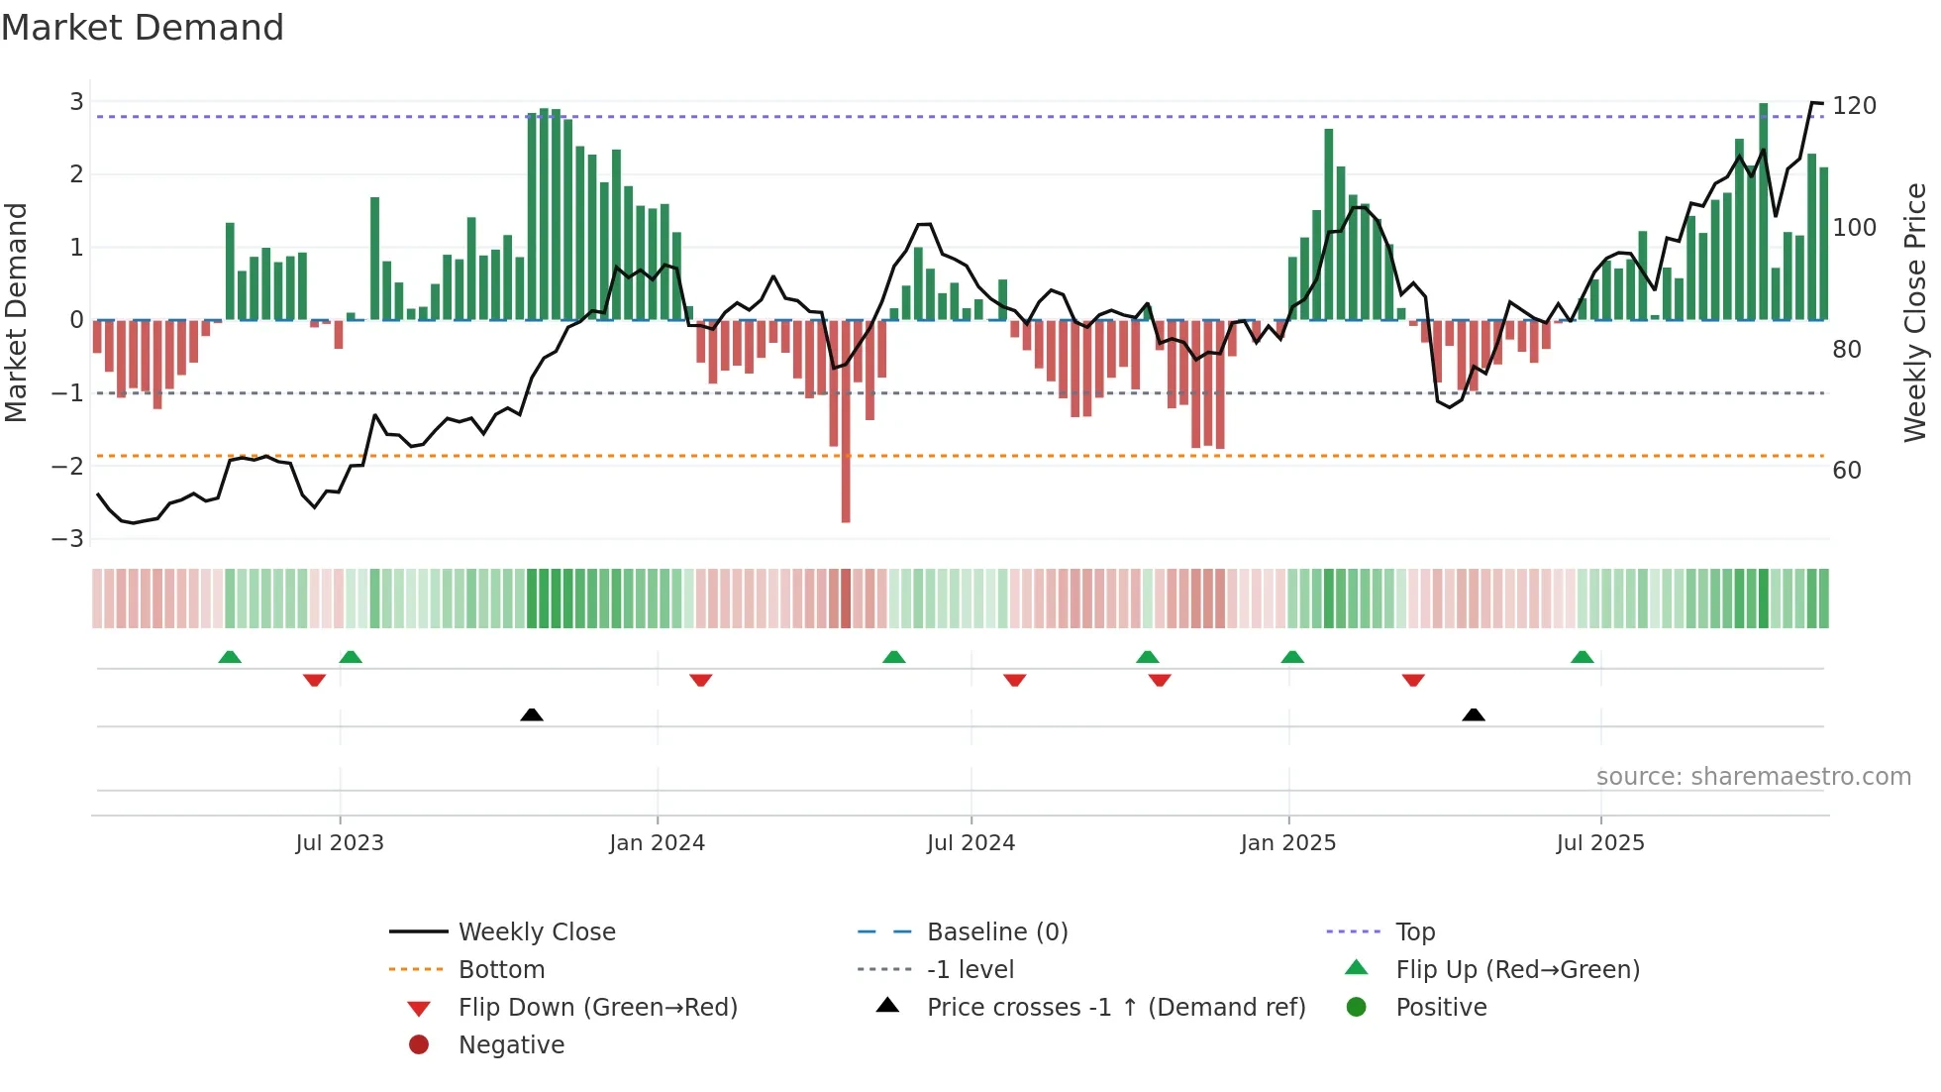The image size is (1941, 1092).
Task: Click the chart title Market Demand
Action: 143,28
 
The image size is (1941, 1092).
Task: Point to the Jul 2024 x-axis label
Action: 970,843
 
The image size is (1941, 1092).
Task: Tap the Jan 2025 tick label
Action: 1287,843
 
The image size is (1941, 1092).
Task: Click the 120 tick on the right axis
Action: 1854,106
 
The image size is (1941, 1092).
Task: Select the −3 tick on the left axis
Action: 68,539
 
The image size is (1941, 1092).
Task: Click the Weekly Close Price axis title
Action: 1915,312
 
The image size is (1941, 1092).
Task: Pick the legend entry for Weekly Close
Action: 536,932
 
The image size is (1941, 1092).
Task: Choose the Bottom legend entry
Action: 501,970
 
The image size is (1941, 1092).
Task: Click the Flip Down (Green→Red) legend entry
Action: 597,1008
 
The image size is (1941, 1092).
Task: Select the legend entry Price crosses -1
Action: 1115,1008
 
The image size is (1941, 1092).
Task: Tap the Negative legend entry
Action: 511,1045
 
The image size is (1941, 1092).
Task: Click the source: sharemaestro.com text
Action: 1753,777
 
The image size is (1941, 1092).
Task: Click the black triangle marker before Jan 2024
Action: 532,714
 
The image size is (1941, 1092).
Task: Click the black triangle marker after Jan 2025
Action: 1474,714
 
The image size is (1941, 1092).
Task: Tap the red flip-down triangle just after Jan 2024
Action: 701,680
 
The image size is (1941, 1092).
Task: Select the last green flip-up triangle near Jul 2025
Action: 1583,657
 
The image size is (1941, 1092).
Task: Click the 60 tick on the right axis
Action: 1847,471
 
